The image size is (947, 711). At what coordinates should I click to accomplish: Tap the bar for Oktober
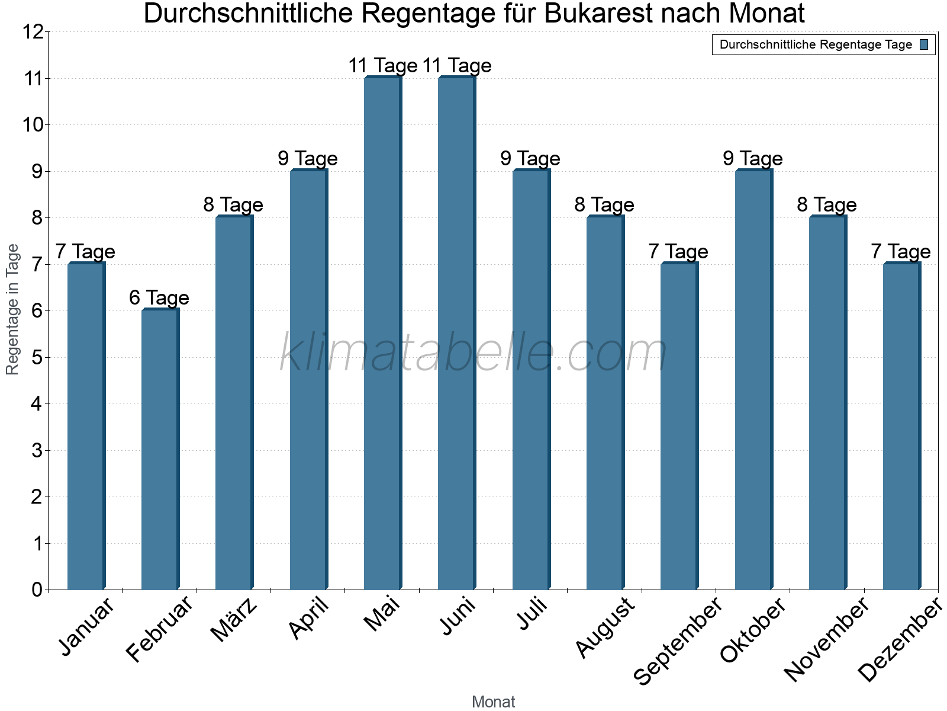click(753, 379)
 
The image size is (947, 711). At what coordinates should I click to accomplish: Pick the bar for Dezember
click(901, 426)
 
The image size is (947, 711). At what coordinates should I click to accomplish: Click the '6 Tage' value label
click(159, 298)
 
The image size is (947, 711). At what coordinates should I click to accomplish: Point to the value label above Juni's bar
click(457, 66)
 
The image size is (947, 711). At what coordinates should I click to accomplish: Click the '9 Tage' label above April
click(308, 159)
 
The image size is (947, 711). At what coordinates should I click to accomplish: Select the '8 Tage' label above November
click(827, 205)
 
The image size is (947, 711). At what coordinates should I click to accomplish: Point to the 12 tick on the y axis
click(34, 32)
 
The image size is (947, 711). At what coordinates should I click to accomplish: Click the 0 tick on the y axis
click(37, 590)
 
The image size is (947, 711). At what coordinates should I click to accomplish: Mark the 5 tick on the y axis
click(37, 357)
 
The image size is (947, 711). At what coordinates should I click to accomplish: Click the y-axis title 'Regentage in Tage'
click(12, 309)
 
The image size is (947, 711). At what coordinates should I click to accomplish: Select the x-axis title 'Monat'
click(494, 702)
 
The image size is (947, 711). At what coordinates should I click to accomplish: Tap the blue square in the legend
click(925, 44)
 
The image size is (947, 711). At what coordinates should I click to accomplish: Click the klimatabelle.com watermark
click(474, 353)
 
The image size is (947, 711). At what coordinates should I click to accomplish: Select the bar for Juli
click(531, 379)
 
